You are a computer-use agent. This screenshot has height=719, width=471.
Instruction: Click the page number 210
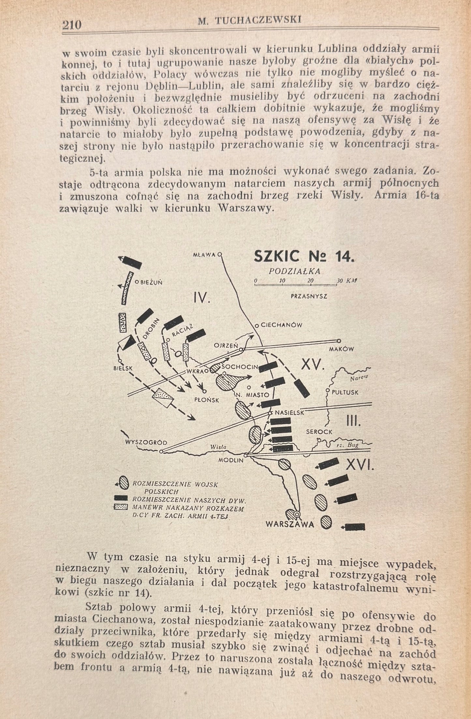(71, 25)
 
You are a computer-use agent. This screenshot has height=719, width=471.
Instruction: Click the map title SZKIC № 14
(303, 257)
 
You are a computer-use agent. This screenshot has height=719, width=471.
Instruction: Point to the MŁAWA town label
(204, 254)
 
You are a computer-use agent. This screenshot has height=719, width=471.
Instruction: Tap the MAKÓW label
(341, 349)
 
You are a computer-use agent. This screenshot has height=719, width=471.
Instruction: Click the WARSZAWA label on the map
(290, 524)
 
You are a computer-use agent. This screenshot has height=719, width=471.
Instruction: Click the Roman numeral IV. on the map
(202, 298)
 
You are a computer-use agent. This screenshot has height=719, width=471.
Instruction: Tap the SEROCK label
(319, 431)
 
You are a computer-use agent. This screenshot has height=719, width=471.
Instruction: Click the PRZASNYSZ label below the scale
(309, 296)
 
